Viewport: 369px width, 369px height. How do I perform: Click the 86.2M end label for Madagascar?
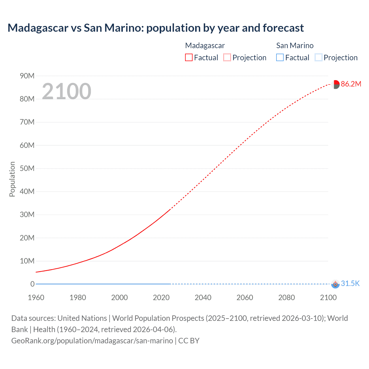point(351,84)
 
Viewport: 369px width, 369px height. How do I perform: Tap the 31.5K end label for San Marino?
point(350,284)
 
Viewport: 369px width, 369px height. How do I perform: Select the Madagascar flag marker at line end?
point(336,84)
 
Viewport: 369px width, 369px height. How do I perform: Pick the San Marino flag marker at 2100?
point(335,284)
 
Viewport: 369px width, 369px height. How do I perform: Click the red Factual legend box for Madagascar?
point(189,58)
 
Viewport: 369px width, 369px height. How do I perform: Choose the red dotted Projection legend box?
point(227,58)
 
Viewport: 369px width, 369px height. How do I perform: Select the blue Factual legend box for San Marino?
point(280,58)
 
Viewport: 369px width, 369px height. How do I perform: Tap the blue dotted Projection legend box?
point(319,58)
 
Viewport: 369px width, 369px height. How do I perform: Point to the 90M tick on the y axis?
point(27,76)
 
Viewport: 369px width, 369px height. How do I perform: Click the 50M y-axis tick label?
point(27,168)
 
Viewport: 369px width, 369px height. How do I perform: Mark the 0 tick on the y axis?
point(32,284)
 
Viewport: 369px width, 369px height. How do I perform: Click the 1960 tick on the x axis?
point(36,298)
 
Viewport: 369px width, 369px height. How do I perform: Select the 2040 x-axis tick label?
point(203,298)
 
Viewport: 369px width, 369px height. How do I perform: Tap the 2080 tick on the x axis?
point(287,298)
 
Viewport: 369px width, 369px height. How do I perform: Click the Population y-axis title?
point(12,179)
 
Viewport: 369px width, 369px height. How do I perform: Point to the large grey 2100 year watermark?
point(67,91)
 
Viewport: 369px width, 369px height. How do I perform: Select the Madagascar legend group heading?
point(205,46)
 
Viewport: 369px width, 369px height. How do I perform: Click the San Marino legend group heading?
point(295,46)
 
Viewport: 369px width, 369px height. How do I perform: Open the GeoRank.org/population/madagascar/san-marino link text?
point(92,341)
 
